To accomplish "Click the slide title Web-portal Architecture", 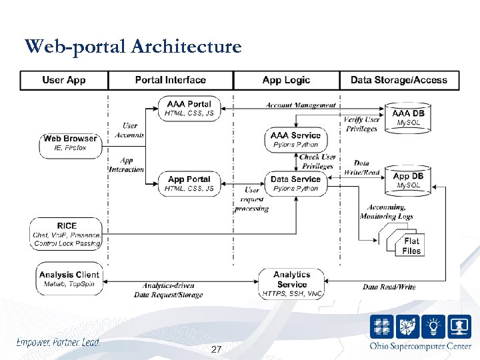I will click(x=133, y=47).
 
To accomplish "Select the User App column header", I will click(x=64, y=80).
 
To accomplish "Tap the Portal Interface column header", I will click(x=170, y=80).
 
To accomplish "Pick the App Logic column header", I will click(x=286, y=80).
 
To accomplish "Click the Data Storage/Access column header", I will click(x=399, y=80).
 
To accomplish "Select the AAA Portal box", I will click(x=189, y=108).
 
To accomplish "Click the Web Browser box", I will click(x=70, y=143).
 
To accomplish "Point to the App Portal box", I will click(x=189, y=183).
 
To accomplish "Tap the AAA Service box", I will click(x=295, y=139).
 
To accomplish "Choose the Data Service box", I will click(x=295, y=183).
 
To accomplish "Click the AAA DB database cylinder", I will click(x=409, y=117).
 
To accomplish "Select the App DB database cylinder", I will click(x=409, y=179).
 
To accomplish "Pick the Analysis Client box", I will click(x=69, y=279).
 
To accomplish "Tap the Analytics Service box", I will click(x=291, y=283).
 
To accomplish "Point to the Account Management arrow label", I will click(x=300, y=105).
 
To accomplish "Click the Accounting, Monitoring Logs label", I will click(x=386, y=212).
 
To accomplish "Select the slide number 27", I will click(x=215, y=350).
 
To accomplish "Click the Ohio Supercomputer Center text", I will click(x=420, y=345).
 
